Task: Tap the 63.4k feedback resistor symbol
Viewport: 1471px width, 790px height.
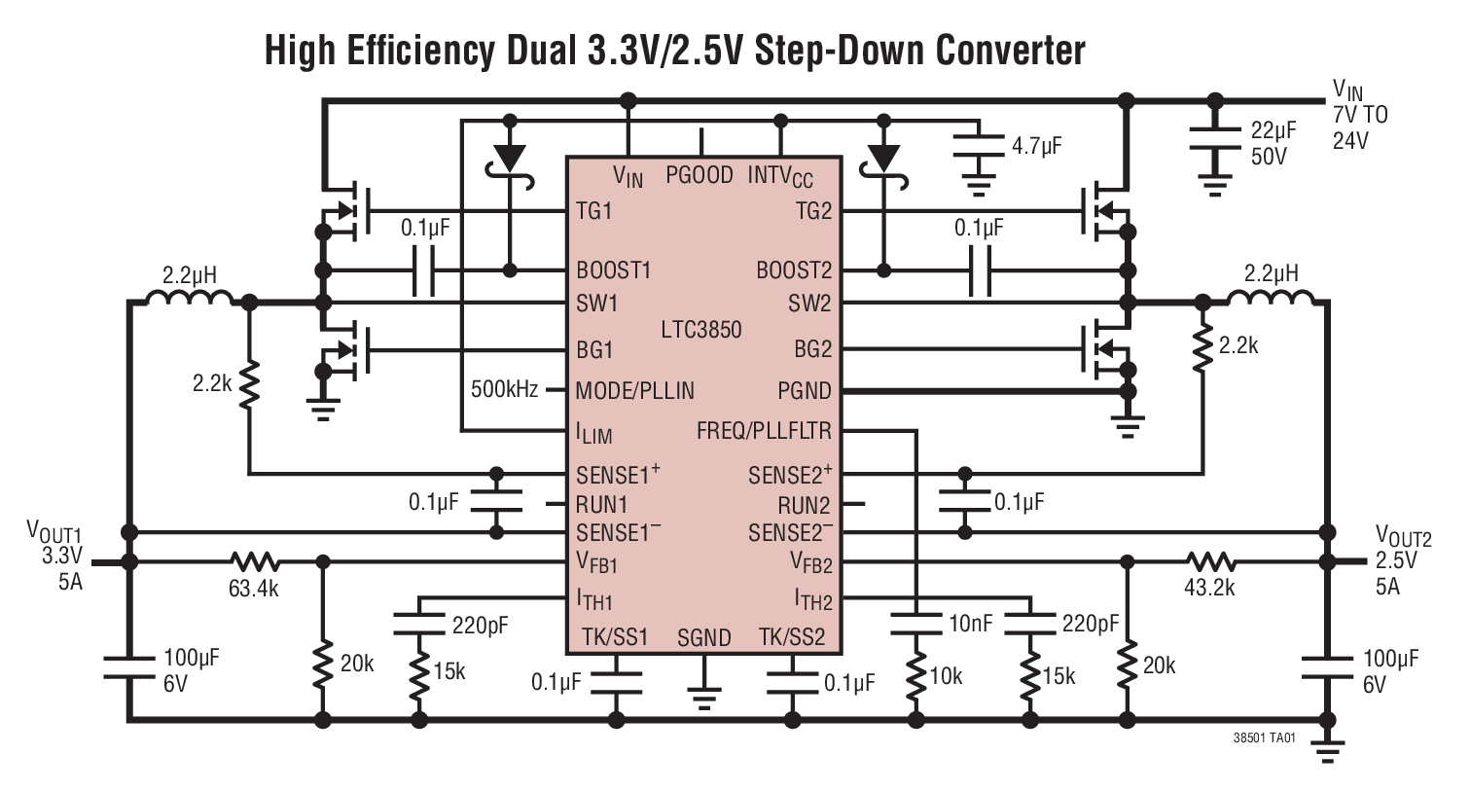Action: coord(255,561)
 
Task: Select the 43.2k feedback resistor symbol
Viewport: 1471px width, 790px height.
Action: coord(1210,561)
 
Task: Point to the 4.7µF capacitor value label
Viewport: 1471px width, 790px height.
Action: coord(1037,147)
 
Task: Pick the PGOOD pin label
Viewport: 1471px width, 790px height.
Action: coord(700,176)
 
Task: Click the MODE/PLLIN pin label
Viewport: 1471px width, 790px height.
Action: coord(635,391)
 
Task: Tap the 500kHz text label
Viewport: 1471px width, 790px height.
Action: coord(504,389)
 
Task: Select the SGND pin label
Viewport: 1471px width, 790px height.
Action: coord(703,638)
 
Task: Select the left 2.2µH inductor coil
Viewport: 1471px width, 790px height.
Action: coord(189,299)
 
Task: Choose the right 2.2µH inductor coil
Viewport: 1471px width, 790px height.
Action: coord(1271,298)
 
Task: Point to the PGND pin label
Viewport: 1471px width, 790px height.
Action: coord(804,391)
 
